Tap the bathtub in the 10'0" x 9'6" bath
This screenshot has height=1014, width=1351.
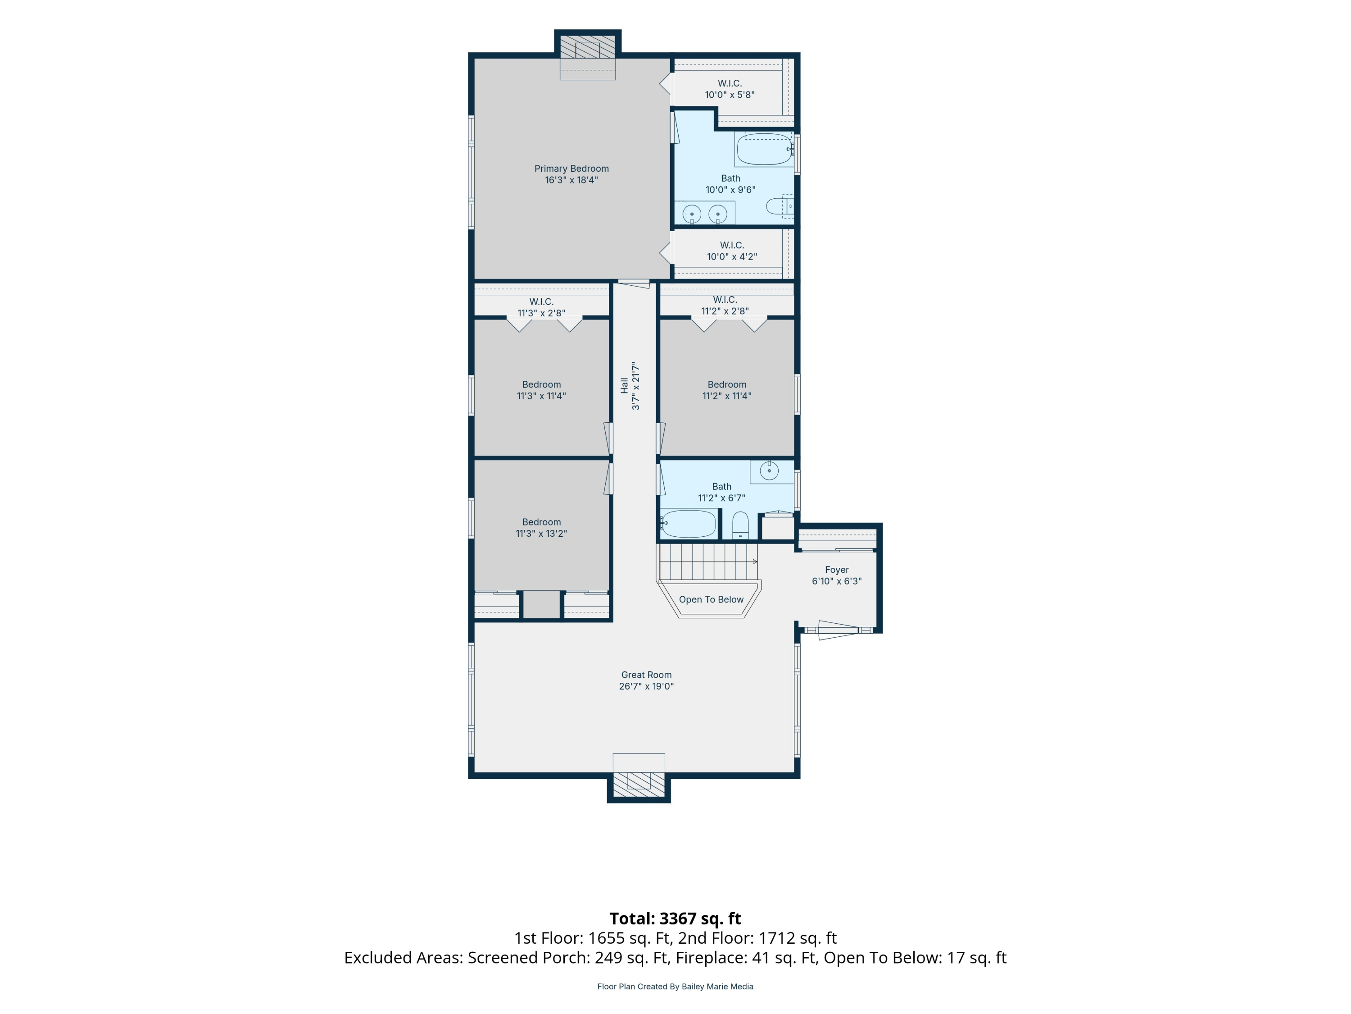point(765,149)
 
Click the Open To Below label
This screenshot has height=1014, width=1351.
point(711,599)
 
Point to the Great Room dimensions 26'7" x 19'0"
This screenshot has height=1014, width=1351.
point(646,686)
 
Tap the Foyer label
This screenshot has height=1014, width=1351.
point(837,570)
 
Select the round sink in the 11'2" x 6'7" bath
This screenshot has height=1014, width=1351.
point(769,470)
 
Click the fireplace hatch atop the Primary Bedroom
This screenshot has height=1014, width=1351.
point(588,47)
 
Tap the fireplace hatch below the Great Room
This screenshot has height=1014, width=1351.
point(639,784)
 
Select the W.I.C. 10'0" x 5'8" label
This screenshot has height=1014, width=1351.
point(730,89)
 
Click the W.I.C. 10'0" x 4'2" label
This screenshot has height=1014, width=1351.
point(732,251)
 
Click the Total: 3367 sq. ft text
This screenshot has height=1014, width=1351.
point(675,918)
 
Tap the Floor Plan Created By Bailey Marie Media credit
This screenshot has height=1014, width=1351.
point(675,987)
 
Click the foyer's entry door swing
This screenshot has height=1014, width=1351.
point(838,630)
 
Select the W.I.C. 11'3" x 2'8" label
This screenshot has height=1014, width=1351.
point(541,307)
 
